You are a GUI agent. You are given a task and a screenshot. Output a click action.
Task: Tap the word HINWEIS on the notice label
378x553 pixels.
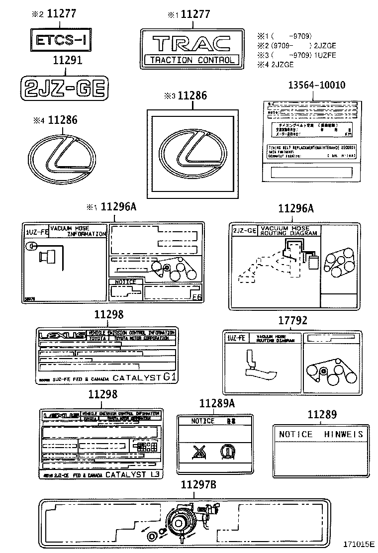click(x=344, y=434)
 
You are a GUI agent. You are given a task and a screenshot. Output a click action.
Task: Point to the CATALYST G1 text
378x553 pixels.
click(x=144, y=377)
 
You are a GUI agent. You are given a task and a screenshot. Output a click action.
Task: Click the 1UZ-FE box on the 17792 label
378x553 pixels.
click(x=236, y=338)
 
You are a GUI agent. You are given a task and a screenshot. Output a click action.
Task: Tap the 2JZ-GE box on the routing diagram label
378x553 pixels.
click(x=245, y=230)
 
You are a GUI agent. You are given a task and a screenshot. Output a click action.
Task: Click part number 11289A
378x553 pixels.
click(x=217, y=403)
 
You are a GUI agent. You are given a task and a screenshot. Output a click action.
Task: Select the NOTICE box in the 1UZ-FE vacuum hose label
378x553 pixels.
click(x=125, y=282)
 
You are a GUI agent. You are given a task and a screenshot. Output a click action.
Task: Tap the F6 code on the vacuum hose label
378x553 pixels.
click(x=196, y=298)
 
